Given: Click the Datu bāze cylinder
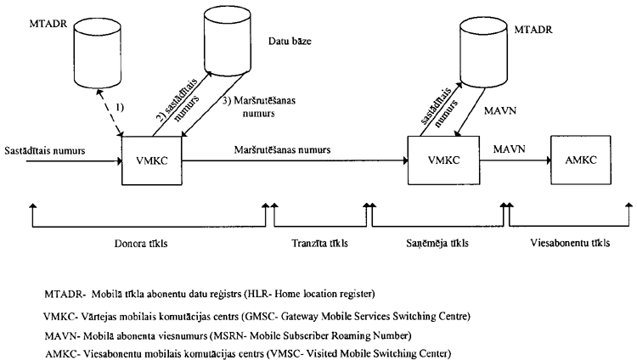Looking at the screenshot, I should (231, 44).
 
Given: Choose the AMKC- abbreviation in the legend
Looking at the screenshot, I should (63, 352).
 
